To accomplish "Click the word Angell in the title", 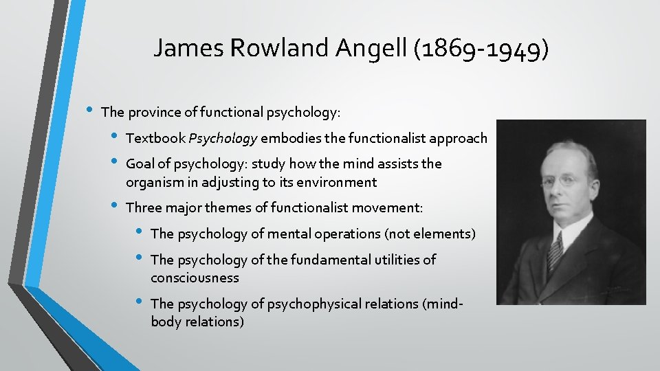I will pyautogui.click(x=371, y=48).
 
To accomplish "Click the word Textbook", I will pyautogui.click(x=155, y=138).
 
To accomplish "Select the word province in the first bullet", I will pyautogui.click(x=153, y=111).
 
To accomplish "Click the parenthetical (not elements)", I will pyautogui.click(x=430, y=234).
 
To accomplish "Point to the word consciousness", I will pyautogui.click(x=195, y=278).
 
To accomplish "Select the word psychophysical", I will pyautogui.click(x=327, y=303).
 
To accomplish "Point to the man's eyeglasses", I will pyautogui.click(x=566, y=181).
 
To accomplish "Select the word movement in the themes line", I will pyautogui.click(x=391, y=207).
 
